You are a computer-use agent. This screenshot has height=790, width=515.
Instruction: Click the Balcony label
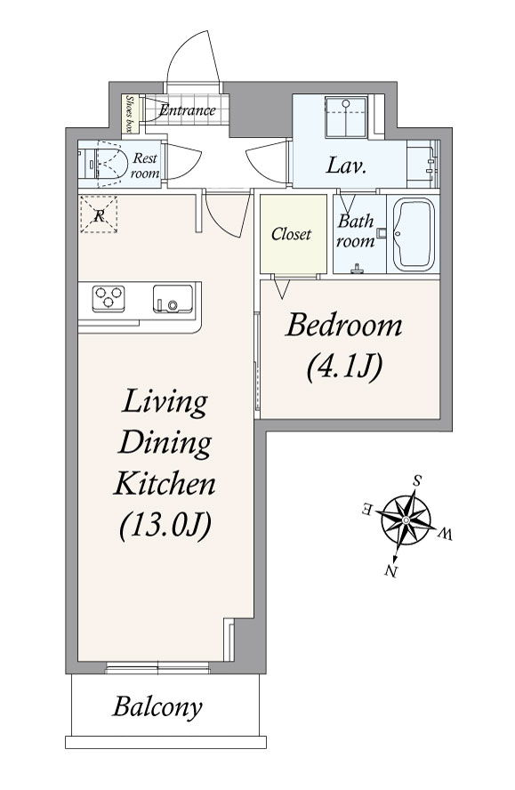tap(157, 707)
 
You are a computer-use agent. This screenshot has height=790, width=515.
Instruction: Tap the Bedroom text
tap(344, 326)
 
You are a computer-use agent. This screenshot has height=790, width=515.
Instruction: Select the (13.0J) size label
tap(165, 526)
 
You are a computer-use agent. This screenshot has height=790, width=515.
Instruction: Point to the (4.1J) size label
tap(344, 367)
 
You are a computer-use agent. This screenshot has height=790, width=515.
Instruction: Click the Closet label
tap(291, 234)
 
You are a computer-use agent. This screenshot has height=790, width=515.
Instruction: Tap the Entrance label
tap(188, 109)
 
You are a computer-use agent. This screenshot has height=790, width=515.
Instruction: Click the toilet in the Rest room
tap(103, 164)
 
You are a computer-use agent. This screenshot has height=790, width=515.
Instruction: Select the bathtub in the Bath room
tap(414, 235)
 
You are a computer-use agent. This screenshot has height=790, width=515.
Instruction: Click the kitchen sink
tap(173, 299)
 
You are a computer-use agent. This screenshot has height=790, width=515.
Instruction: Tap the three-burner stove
tap(109, 298)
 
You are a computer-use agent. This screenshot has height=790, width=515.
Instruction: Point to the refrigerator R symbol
tap(99, 215)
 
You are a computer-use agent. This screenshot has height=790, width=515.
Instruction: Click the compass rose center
tap(405, 520)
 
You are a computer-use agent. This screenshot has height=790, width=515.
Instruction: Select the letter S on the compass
tap(417, 480)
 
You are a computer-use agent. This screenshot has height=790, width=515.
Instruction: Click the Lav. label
tap(346, 165)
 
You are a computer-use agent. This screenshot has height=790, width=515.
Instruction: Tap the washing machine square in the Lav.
tap(346, 117)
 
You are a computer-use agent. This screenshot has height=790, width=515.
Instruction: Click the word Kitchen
tap(165, 483)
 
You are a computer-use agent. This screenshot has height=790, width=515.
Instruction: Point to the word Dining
tap(165, 443)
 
